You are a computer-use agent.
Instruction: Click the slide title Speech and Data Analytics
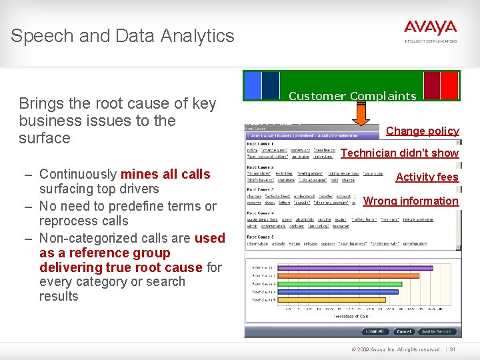click(123, 36)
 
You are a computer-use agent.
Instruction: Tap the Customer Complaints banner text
click(352, 96)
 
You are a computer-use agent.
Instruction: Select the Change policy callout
click(423, 131)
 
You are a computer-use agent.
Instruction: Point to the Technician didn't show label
click(399, 153)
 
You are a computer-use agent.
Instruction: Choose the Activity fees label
click(427, 177)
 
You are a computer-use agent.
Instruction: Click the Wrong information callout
click(411, 201)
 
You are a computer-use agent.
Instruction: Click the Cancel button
click(404, 331)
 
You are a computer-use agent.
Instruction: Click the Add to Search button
click(437, 331)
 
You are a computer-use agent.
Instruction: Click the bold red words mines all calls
click(165, 174)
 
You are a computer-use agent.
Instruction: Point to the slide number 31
click(453, 349)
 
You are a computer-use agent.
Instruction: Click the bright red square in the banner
click(449, 85)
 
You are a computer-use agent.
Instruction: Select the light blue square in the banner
click(253, 85)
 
